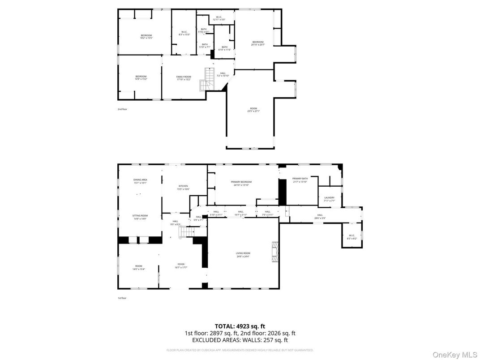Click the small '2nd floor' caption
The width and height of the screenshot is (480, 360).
tap(122, 109)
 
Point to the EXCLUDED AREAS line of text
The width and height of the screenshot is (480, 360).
tap(240, 340)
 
